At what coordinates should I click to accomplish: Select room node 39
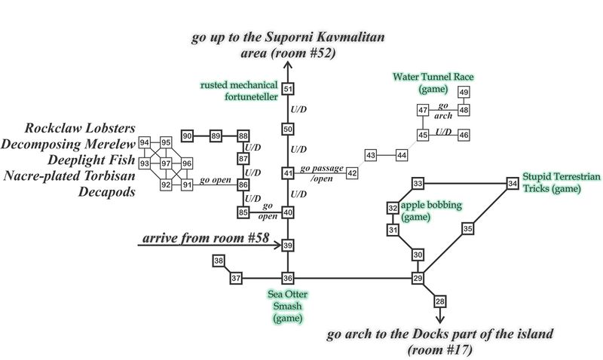[x=287, y=246]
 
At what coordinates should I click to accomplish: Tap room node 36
[x=287, y=279]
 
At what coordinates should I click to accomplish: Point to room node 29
[x=418, y=279]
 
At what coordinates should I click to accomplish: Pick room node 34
[x=513, y=183]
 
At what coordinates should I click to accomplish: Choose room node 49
[x=464, y=92]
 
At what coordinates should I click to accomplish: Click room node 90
[x=188, y=136]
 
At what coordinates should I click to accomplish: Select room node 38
[x=219, y=261]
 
